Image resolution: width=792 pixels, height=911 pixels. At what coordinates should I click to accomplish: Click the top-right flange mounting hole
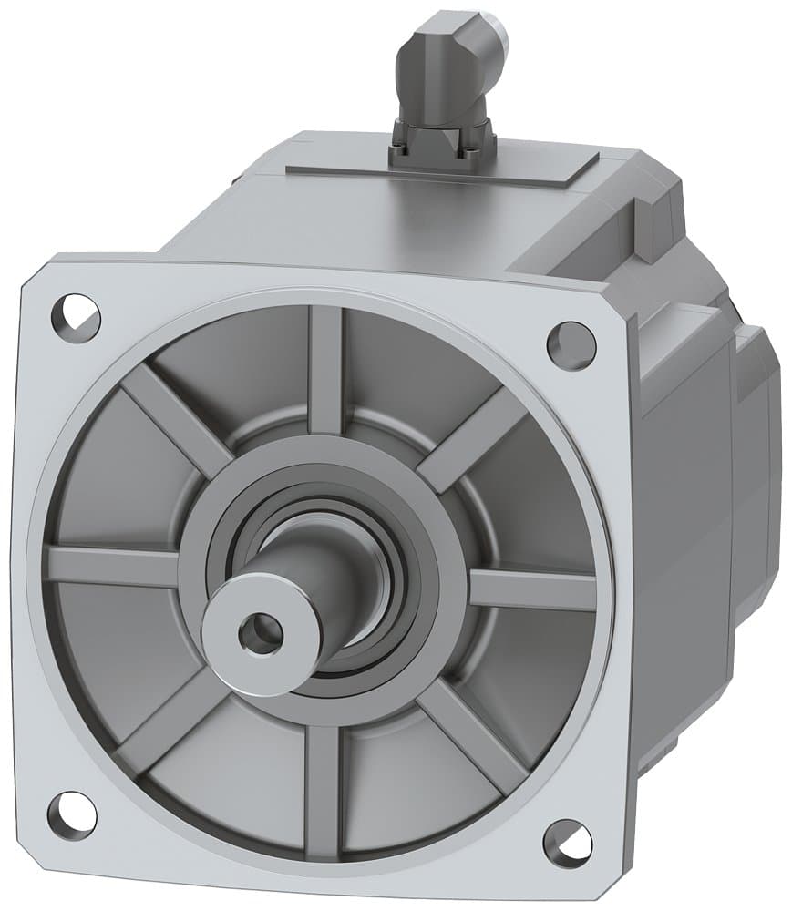[571, 345]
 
